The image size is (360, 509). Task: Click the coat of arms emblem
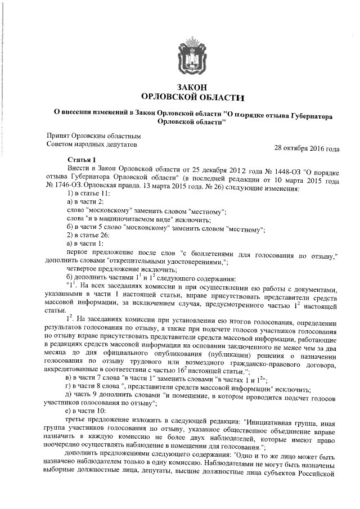(x=191, y=56)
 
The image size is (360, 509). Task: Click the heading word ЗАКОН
(x=191, y=87)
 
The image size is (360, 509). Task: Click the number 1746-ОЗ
(x=73, y=183)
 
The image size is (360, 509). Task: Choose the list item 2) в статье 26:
(x=88, y=234)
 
